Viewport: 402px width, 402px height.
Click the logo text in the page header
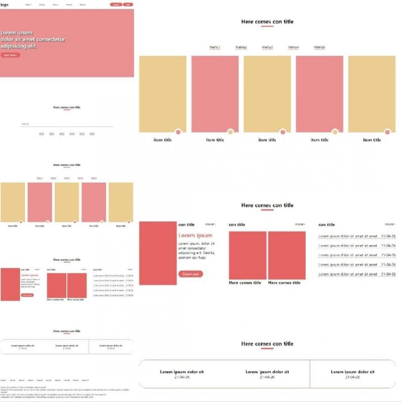4,5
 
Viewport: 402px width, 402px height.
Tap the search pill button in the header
116,5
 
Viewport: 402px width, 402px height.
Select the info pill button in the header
128,5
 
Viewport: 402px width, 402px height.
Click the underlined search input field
66,124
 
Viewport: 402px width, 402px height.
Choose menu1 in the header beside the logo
28,5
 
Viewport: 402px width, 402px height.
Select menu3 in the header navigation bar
55,5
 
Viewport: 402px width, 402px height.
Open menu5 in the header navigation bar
82,5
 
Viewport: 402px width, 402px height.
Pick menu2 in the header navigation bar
42,5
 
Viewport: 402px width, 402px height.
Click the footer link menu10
86,380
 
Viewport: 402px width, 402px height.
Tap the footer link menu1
3,380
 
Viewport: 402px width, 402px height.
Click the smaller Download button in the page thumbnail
27,295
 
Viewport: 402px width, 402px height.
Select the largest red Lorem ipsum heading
195,235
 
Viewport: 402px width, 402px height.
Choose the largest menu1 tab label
215,47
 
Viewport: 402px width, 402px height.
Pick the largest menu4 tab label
293,47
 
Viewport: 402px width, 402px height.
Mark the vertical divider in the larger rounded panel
310,374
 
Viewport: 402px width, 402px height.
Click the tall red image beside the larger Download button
158,253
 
